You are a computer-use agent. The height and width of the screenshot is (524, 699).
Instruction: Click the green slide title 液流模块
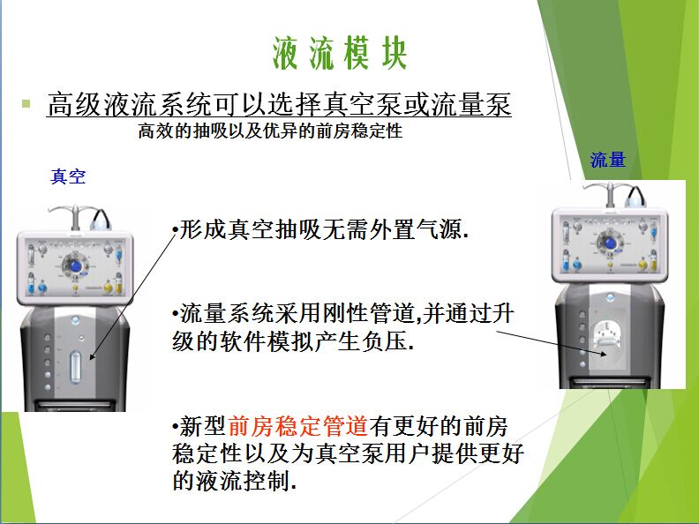tap(340, 53)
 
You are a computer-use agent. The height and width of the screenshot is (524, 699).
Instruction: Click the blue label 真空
tap(68, 177)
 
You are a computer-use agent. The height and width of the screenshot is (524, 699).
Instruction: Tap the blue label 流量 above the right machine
tap(608, 160)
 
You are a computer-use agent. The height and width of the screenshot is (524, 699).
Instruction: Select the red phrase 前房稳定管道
tap(297, 425)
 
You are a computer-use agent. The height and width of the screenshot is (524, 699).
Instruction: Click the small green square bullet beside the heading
tap(26, 104)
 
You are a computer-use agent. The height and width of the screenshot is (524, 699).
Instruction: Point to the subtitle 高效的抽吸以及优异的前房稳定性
tap(270, 131)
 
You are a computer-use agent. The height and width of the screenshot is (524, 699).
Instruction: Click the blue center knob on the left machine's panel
tap(75, 266)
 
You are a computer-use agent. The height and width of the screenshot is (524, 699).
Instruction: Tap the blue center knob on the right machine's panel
tap(609, 243)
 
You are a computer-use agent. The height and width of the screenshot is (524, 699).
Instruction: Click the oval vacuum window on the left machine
tap(75, 367)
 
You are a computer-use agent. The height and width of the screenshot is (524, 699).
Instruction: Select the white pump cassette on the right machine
tap(609, 341)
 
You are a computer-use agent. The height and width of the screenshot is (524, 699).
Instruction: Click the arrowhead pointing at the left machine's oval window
tap(92, 356)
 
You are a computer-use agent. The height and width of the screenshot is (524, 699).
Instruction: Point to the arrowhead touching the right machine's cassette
tap(604, 355)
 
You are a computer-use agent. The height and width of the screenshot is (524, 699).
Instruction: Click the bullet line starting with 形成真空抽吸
tap(320, 229)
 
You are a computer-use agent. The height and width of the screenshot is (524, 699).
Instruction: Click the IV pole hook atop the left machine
tap(76, 213)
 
